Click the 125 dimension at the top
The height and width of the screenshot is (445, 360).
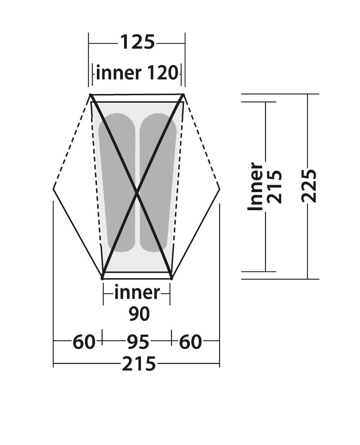[138, 42]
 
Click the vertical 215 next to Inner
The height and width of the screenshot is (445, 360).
[274, 187]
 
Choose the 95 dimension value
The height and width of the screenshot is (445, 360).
[138, 342]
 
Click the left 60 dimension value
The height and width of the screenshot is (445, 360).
[84, 342]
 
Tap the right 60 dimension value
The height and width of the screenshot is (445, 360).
[190, 342]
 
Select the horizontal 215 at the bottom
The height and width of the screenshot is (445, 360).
[139, 364]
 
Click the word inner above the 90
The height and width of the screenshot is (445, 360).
[137, 292]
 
